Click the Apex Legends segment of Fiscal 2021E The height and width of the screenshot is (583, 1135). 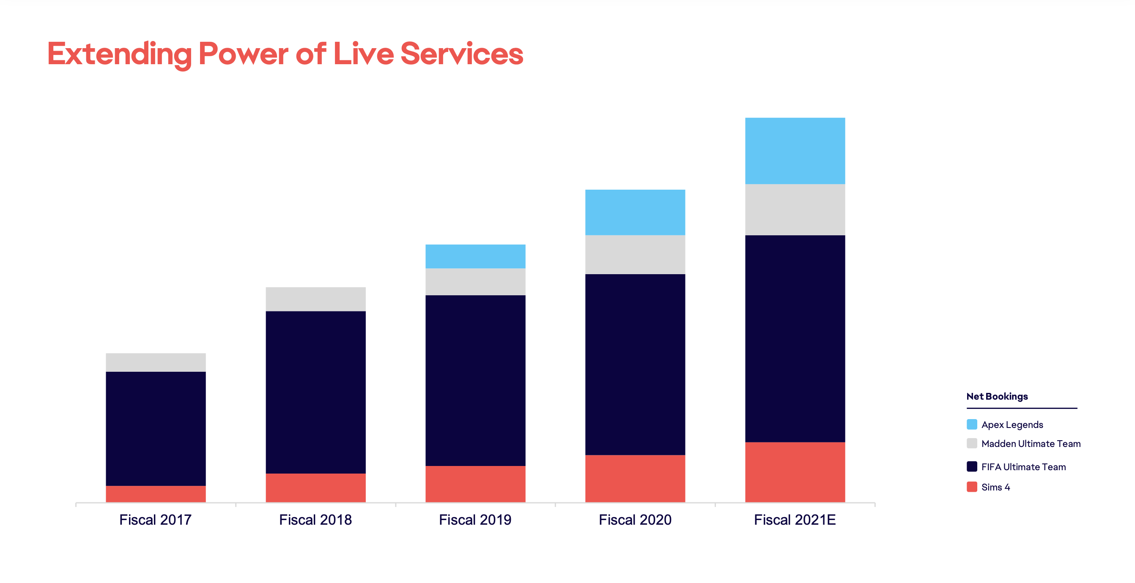pos(795,150)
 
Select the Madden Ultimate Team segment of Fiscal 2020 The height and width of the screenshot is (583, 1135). pos(635,254)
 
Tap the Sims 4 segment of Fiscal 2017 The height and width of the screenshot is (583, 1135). pos(156,493)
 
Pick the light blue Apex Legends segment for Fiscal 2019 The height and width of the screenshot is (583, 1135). pos(475,256)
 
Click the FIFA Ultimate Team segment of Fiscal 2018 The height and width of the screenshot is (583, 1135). pos(315,392)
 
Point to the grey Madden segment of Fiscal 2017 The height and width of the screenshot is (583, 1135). pos(156,362)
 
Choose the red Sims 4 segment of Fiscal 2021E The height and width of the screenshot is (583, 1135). pos(795,471)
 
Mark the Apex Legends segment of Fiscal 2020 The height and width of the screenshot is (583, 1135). pos(635,212)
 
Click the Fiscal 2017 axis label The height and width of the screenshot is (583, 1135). pos(156,520)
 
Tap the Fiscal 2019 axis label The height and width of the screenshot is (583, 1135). pos(475,520)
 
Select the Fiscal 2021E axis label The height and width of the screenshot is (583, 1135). pos(795,520)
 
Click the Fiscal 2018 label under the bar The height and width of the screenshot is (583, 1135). pos(315,520)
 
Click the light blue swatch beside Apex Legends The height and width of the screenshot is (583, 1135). pos(971,425)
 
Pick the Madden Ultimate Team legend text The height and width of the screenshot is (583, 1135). pos(1031,444)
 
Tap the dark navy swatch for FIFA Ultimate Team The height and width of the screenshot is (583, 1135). pos(971,466)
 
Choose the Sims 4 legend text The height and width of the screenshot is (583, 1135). pos(995,487)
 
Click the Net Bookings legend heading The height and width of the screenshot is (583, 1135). pos(997,396)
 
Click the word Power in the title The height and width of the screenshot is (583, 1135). pos(243,54)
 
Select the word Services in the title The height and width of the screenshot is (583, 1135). pos(461,54)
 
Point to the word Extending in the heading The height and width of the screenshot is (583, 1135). pos(119,54)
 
